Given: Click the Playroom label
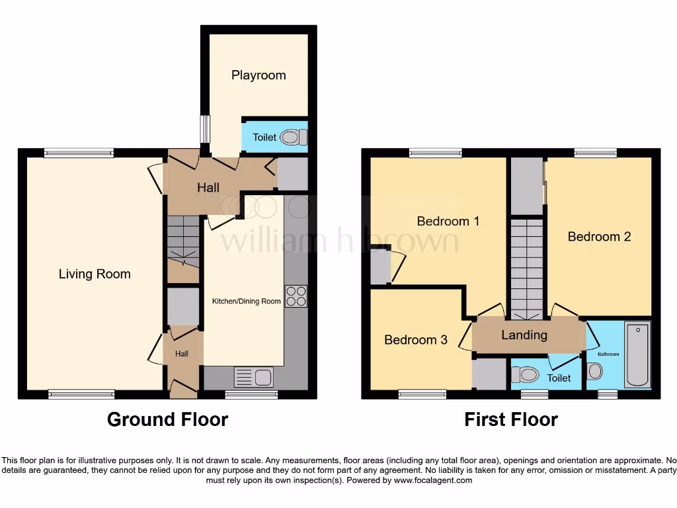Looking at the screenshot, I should (x=259, y=75).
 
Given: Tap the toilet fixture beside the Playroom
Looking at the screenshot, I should (x=293, y=138).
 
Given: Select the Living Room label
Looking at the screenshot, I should (x=95, y=274).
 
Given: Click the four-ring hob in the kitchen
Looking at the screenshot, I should (x=296, y=295).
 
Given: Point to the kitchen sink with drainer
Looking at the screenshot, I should (x=253, y=378).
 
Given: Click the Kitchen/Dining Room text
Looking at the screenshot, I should (x=246, y=302).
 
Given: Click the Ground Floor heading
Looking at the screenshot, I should (x=167, y=419).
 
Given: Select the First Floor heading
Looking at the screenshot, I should (x=510, y=419).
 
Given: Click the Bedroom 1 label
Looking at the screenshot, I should (x=448, y=221).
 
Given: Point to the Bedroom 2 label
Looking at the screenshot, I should (x=599, y=236).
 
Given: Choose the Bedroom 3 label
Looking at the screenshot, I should (x=416, y=340).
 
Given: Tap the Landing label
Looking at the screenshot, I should (x=524, y=335).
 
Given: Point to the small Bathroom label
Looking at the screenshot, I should (x=609, y=355).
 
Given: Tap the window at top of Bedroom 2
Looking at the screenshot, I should (x=596, y=153).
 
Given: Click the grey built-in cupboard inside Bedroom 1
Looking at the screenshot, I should (x=380, y=267).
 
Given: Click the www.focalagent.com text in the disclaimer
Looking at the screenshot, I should (x=432, y=480).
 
